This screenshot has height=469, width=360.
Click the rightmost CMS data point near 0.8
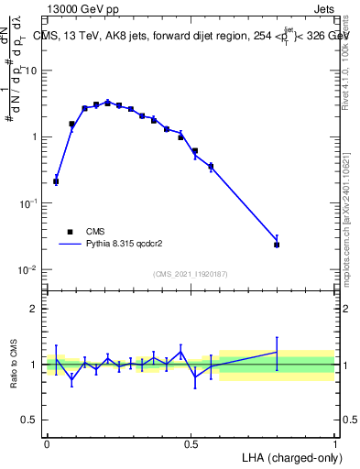coord(277,245)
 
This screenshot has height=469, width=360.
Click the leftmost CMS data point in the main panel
coord(56,181)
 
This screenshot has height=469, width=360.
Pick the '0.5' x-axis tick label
coord(191,443)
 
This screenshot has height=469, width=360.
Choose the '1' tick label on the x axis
coord(334,443)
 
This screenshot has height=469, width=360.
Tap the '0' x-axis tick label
coord(47,443)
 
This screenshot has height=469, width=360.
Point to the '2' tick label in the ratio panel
coord(34,309)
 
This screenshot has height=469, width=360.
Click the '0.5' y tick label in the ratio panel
coord(30,420)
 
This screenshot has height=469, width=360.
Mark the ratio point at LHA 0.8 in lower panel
coord(277,352)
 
